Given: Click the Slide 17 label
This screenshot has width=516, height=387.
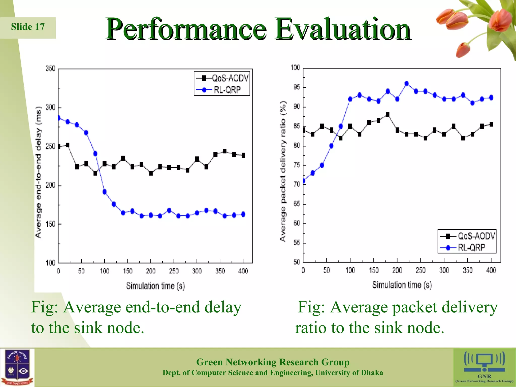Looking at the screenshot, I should tap(28, 27).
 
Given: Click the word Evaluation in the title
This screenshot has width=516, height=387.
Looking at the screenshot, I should tap(343, 29).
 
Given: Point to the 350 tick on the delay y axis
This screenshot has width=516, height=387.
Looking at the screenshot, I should tap(50, 69).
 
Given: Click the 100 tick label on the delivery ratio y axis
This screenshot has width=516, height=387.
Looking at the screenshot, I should tap(295, 68).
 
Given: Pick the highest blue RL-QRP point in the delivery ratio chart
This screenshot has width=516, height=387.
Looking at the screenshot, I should tap(407, 84).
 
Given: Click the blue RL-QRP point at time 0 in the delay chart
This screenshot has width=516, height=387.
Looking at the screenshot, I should tap(59, 118).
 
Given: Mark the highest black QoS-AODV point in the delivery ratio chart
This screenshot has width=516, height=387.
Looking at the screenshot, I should tap(388, 115).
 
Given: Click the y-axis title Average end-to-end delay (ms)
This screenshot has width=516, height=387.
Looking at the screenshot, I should tap(38, 172).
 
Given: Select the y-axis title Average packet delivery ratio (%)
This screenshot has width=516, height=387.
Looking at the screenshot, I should tap(283, 171).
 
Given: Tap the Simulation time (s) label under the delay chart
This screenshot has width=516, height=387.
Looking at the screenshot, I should tap(155, 286).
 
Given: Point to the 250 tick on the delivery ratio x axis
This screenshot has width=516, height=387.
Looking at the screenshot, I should tap(421, 270).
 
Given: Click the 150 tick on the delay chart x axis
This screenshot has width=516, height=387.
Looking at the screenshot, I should tap(128, 271).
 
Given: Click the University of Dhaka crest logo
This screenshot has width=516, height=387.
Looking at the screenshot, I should tap(17, 367).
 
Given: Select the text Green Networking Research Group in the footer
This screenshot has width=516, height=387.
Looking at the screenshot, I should tap(273, 362).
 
